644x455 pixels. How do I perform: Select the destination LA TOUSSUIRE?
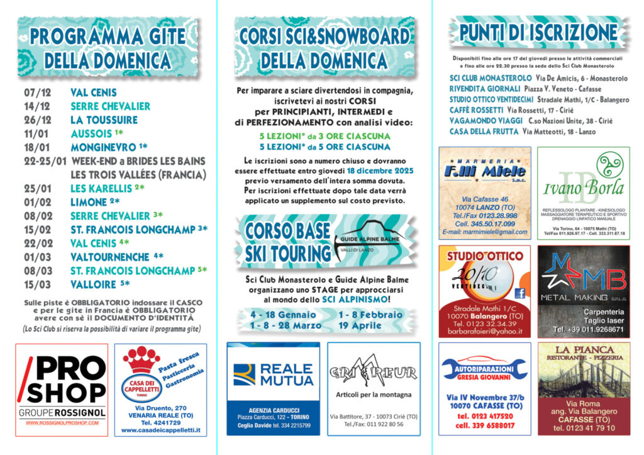click(x=104, y=120)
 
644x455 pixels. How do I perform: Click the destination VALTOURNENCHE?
click(x=110, y=256)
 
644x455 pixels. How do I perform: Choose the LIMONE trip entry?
click(x=89, y=202)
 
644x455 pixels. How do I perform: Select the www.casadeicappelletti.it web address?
click(x=160, y=430)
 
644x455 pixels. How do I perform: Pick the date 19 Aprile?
click(x=360, y=325)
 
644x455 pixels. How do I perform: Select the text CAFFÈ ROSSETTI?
click(x=476, y=110)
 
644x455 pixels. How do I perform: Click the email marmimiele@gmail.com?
click(x=484, y=232)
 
